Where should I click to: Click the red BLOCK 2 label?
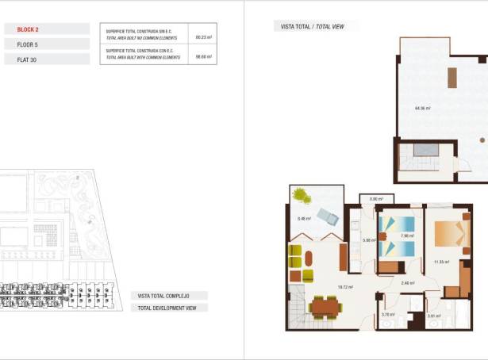pos(28,29)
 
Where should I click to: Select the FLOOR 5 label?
pos(28,44)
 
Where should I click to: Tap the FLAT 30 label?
pos(27,59)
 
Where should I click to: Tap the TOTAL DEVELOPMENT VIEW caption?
pos(168,308)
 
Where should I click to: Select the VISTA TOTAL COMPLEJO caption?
pos(163,296)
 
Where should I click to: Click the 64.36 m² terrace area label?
pos(422,108)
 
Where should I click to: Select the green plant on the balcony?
pos(301,194)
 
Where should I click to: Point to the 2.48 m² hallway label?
pos(408,283)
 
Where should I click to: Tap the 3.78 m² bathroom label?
pos(388,315)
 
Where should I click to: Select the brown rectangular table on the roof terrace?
pos(452,78)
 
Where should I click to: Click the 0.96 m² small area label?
pos(375,199)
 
